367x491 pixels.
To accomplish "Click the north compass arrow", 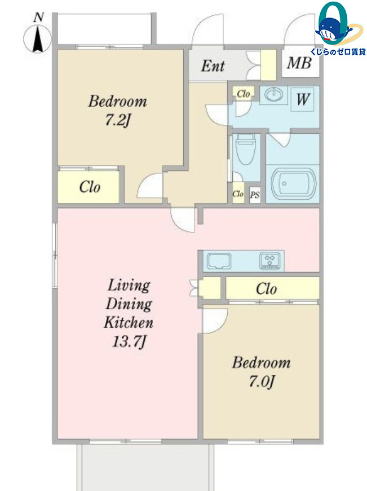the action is coord(38,39).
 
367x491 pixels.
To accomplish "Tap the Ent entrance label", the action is coord(213,66).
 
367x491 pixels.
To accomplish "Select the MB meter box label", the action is coord(299,63).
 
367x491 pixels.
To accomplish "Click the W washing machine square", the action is coord(303,99).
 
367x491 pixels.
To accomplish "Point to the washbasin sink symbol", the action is coord(273,94).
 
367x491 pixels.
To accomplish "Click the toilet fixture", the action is coord(245,149).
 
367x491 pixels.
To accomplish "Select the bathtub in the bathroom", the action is coord(293,184).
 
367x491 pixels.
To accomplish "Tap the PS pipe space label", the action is coord(255,195).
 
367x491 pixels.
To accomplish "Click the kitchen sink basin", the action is coord(219,261).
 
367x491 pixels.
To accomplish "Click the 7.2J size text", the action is coord(117,120).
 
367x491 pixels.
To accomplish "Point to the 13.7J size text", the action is coord(129,341).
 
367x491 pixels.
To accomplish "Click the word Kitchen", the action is coord(129,322).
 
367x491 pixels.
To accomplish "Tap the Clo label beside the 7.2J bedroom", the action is coord(90,187).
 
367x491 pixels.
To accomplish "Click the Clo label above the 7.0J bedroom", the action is coord(266,289).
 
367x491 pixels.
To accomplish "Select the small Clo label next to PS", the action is coord(238,194).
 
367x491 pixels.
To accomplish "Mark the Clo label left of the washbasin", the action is coord(243,94).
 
